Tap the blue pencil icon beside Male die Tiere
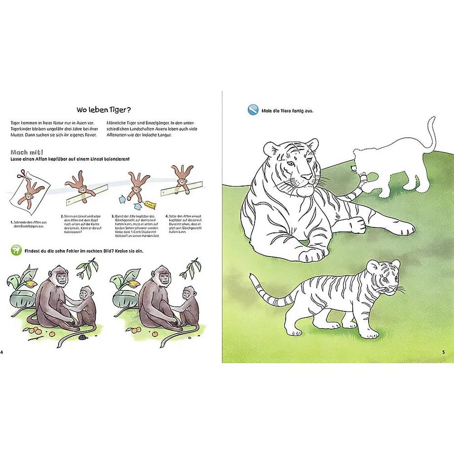[253, 110]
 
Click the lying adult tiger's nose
[306, 176]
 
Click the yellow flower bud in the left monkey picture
[31, 285]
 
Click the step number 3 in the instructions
[113, 216]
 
